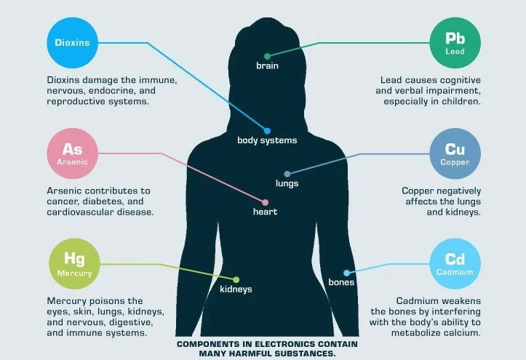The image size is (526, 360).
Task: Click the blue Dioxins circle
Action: [x=72, y=43]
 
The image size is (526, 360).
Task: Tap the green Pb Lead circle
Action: [x=455, y=43]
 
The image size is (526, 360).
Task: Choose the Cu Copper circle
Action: [x=455, y=154]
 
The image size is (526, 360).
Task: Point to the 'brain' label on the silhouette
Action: [x=267, y=66]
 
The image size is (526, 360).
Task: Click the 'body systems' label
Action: [x=267, y=140]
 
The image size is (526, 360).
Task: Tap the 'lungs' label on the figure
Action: [x=287, y=183]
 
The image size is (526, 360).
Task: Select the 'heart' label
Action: [x=265, y=212]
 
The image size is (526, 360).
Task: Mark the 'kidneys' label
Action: [x=236, y=289]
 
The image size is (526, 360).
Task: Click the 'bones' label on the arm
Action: [x=341, y=281]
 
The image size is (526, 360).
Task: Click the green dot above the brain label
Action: [x=267, y=55]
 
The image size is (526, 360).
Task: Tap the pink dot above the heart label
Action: [x=265, y=201]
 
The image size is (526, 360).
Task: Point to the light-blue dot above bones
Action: [x=346, y=272]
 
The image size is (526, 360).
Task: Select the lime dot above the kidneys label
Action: [x=236, y=279]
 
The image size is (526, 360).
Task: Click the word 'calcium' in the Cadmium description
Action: [x=461, y=332]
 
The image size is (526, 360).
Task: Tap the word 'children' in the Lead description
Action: [x=461, y=102]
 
